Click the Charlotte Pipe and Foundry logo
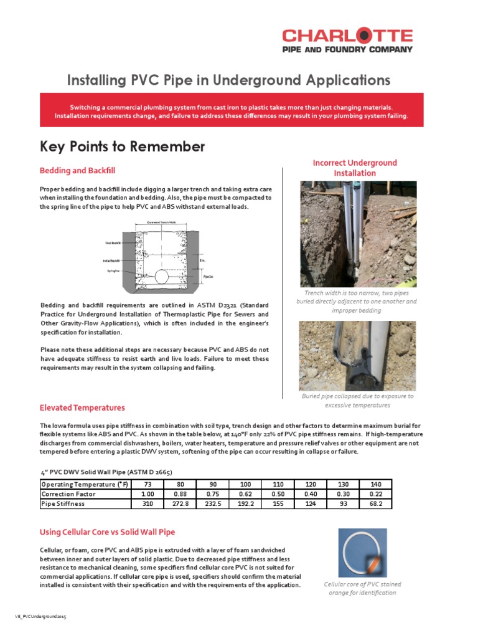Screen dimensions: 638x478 (x=347, y=40)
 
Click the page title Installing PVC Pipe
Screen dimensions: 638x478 (x=228, y=80)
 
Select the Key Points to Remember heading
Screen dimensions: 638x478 (x=122, y=147)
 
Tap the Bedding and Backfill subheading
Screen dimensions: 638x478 (x=77, y=170)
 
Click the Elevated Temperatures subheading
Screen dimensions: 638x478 (x=82, y=407)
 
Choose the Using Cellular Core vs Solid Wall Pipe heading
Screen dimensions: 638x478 (x=107, y=532)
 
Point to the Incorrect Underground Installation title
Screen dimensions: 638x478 (x=354, y=168)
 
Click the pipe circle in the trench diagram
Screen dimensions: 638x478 (x=161, y=276)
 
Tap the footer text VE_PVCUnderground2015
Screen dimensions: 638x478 (x=40, y=616)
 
